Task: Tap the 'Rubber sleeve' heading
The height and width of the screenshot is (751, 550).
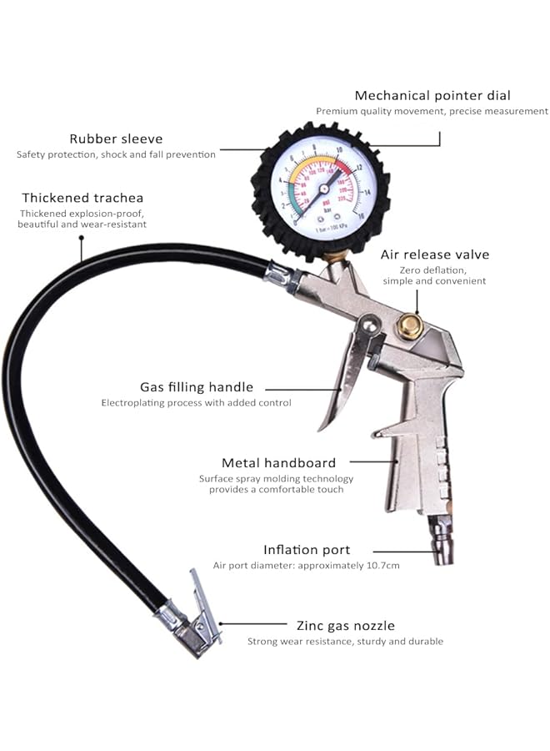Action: (x=116, y=139)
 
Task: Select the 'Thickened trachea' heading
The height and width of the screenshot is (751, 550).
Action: (x=82, y=198)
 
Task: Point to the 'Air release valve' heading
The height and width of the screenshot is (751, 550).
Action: (x=435, y=255)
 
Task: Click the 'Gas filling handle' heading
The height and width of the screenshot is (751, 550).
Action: (x=197, y=387)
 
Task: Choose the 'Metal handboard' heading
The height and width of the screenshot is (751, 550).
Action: (x=278, y=462)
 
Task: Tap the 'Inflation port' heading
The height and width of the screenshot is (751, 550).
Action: (x=307, y=550)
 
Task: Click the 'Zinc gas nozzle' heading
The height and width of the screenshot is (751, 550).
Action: (x=346, y=625)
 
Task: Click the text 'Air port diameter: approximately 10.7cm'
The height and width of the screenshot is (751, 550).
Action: (x=306, y=566)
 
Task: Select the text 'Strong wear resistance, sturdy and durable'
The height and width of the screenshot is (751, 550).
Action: (x=345, y=641)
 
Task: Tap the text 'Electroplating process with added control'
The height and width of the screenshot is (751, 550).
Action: (x=197, y=403)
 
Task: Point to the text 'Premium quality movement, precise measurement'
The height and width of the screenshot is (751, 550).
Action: (x=432, y=111)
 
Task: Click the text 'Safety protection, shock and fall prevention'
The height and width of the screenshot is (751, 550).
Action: (x=116, y=154)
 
